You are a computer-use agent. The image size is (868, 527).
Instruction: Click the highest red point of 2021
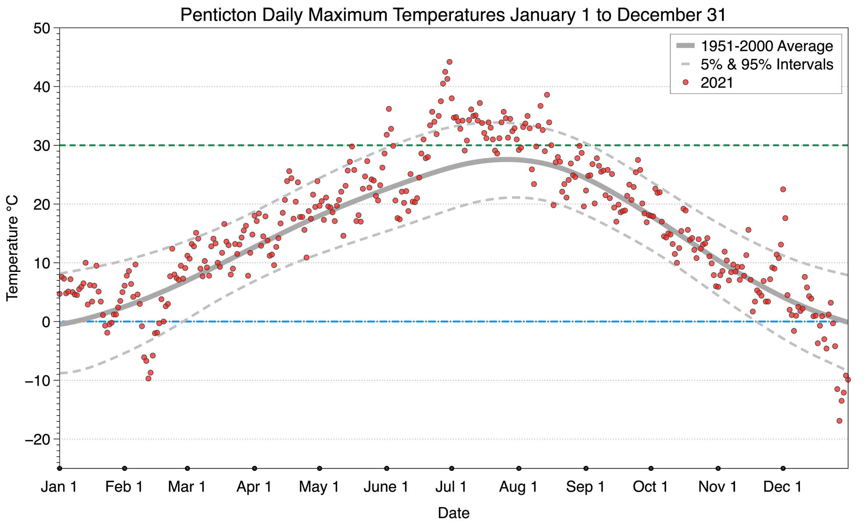(x=449, y=62)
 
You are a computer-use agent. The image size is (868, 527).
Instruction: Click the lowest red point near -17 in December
(x=839, y=421)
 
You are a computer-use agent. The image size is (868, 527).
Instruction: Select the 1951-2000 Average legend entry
(x=766, y=46)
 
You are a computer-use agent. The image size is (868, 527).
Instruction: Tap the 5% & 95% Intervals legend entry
(x=766, y=64)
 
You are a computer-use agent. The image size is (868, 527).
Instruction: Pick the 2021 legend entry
(x=716, y=83)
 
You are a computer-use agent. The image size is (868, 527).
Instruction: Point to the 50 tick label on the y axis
(x=42, y=28)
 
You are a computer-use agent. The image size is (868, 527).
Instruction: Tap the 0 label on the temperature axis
(x=46, y=322)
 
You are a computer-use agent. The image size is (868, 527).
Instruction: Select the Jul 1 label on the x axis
(x=451, y=487)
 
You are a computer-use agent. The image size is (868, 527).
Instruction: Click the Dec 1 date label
(x=782, y=487)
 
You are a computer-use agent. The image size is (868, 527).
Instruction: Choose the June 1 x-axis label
(x=386, y=487)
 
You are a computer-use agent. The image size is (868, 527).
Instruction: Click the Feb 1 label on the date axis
(x=124, y=487)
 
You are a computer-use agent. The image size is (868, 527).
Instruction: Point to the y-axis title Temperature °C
(x=12, y=248)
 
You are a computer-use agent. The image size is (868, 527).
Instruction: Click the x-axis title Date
(x=453, y=513)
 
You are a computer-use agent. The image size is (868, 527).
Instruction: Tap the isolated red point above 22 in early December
(x=783, y=189)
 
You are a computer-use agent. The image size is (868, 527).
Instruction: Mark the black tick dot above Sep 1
(x=586, y=468)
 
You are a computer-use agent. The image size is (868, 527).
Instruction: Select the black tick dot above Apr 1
(x=255, y=468)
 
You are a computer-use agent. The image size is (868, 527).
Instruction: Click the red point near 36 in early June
(x=389, y=109)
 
